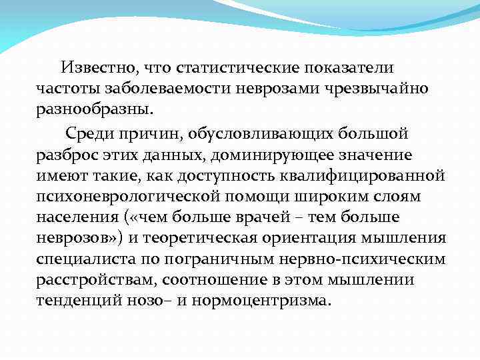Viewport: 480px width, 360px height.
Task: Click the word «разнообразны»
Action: pyautogui.click(x=94, y=109)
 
